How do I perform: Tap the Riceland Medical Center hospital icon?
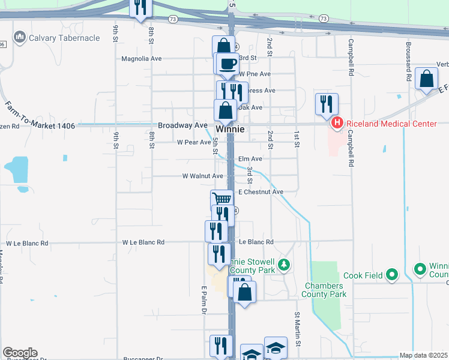(x=337, y=124)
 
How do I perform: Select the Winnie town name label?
(x=230, y=129)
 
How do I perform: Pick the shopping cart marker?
(x=222, y=200)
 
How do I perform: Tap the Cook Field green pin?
(x=392, y=275)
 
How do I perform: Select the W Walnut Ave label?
(x=203, y=176)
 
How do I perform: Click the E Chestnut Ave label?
(x=261, y=192)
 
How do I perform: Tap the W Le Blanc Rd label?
(x=143, y=242)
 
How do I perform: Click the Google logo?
(x=20, y=353)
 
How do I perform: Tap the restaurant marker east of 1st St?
(x=327, y=103)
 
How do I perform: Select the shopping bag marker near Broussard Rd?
(x=426, y=79)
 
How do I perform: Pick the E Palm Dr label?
(x=204, y=300)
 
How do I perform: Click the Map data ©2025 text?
(x=423, y=355)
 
